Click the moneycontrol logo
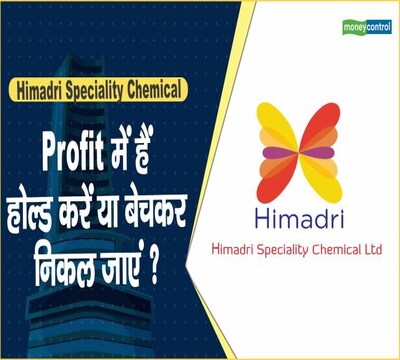coord(367,27)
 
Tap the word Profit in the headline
coord(72,154)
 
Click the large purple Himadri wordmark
coord(299,218)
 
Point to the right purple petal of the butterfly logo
coord(318,152)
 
